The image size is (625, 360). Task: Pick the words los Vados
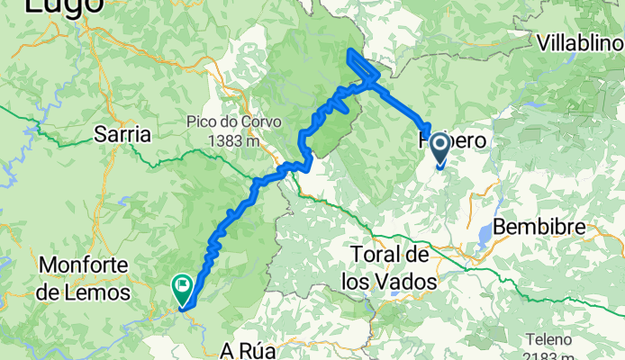[x=389, y=282]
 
